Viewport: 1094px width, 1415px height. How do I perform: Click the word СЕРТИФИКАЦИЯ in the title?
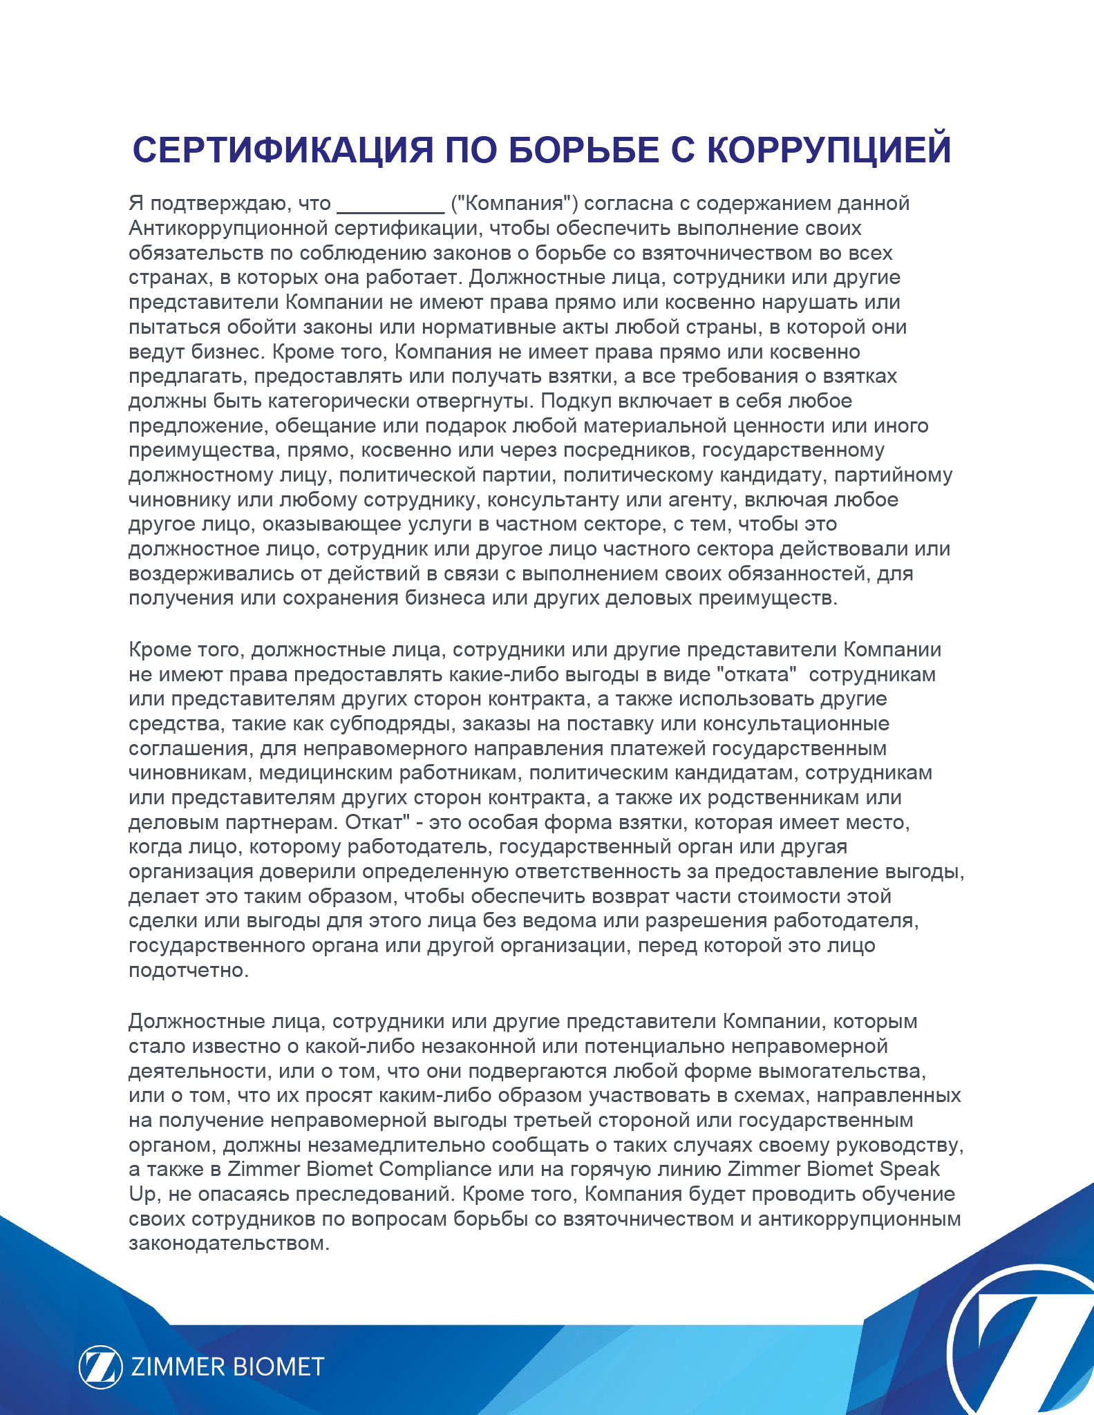point(283,150)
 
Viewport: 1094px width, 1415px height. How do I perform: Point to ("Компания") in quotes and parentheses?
point(514,204)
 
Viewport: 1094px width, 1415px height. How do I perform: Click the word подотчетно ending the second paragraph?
point(187,970)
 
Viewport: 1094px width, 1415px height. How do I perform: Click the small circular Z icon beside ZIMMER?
point(100,1367)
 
